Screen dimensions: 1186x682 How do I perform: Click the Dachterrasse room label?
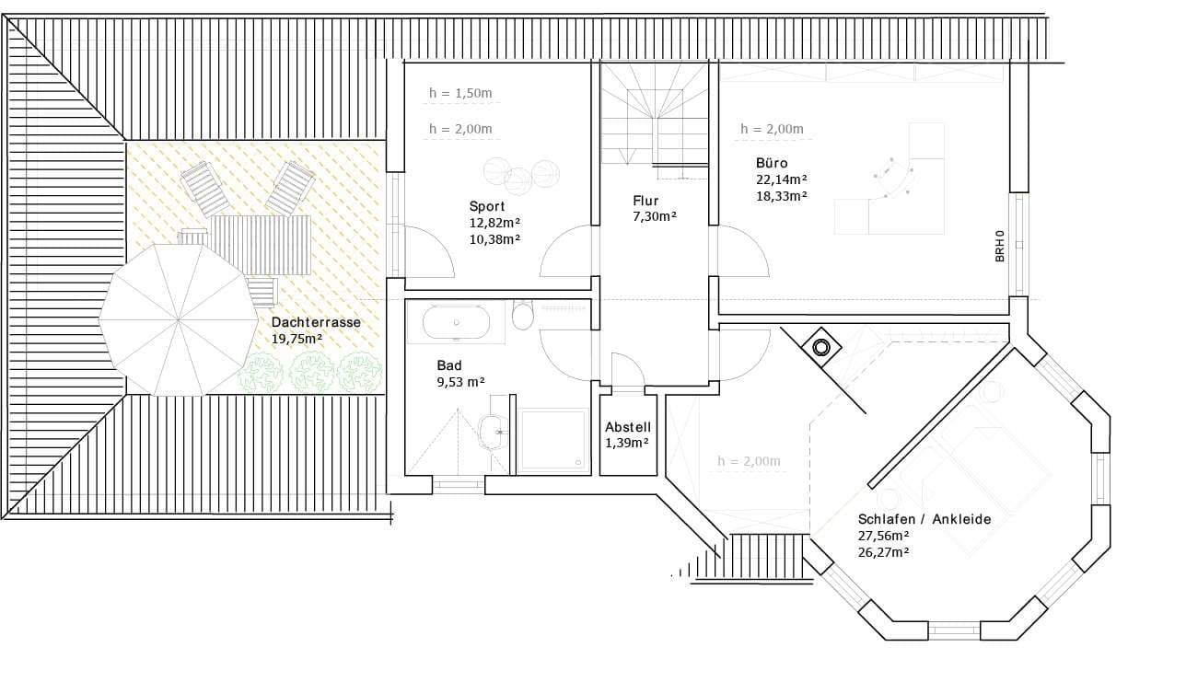click(x=316, y=322)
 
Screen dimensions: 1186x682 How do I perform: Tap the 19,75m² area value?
click(x=297, y=339)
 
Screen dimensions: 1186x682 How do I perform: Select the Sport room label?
click(x=487, y=206)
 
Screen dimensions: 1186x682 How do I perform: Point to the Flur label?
click(x=645, y=201)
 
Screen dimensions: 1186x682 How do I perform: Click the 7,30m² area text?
click(x=655, y=216)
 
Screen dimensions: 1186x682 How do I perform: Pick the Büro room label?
click(x=772, y=163)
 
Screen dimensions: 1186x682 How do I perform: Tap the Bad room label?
click(x=449, y=365)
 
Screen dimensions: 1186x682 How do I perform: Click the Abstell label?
click(x=628, y=427)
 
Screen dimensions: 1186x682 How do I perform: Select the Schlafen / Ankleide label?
click(x=924, y=519)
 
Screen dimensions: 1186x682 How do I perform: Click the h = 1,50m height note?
click(x=460, y=93)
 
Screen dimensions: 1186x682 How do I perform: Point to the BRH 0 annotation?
click(x=1000, y=246)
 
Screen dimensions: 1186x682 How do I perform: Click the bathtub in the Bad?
click(x=456, y=322)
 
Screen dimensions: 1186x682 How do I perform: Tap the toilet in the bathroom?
click(x=523, y=315)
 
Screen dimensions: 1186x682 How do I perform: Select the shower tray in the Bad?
click(x=553, y=440)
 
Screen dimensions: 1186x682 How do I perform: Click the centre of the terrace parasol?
click(x=179, y=320)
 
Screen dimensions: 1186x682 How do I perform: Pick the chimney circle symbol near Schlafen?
click(x=821, y=348)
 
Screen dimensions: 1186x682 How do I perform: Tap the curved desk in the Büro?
click(x=893, y=179)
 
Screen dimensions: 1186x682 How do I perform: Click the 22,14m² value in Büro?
click(x=782, y=179)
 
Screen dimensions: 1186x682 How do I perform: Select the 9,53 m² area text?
click(x=460, y=382)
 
